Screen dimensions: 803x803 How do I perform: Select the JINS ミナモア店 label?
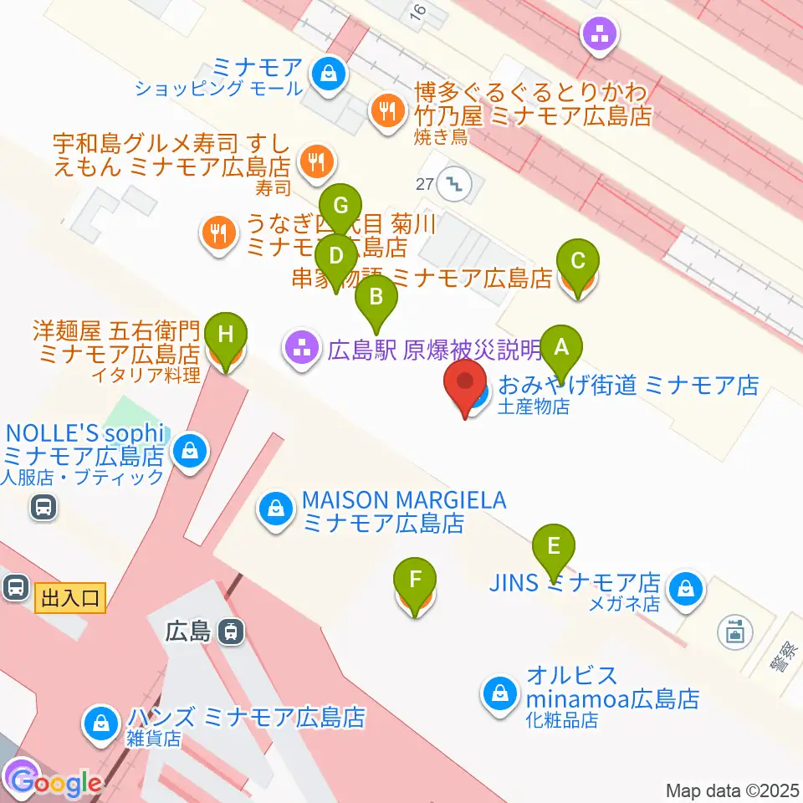575,583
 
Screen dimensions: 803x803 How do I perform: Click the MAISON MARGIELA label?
404,501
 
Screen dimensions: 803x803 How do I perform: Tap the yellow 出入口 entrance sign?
70,598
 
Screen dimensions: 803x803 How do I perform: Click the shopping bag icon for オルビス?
499,693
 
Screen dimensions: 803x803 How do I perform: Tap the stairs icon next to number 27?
457,182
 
